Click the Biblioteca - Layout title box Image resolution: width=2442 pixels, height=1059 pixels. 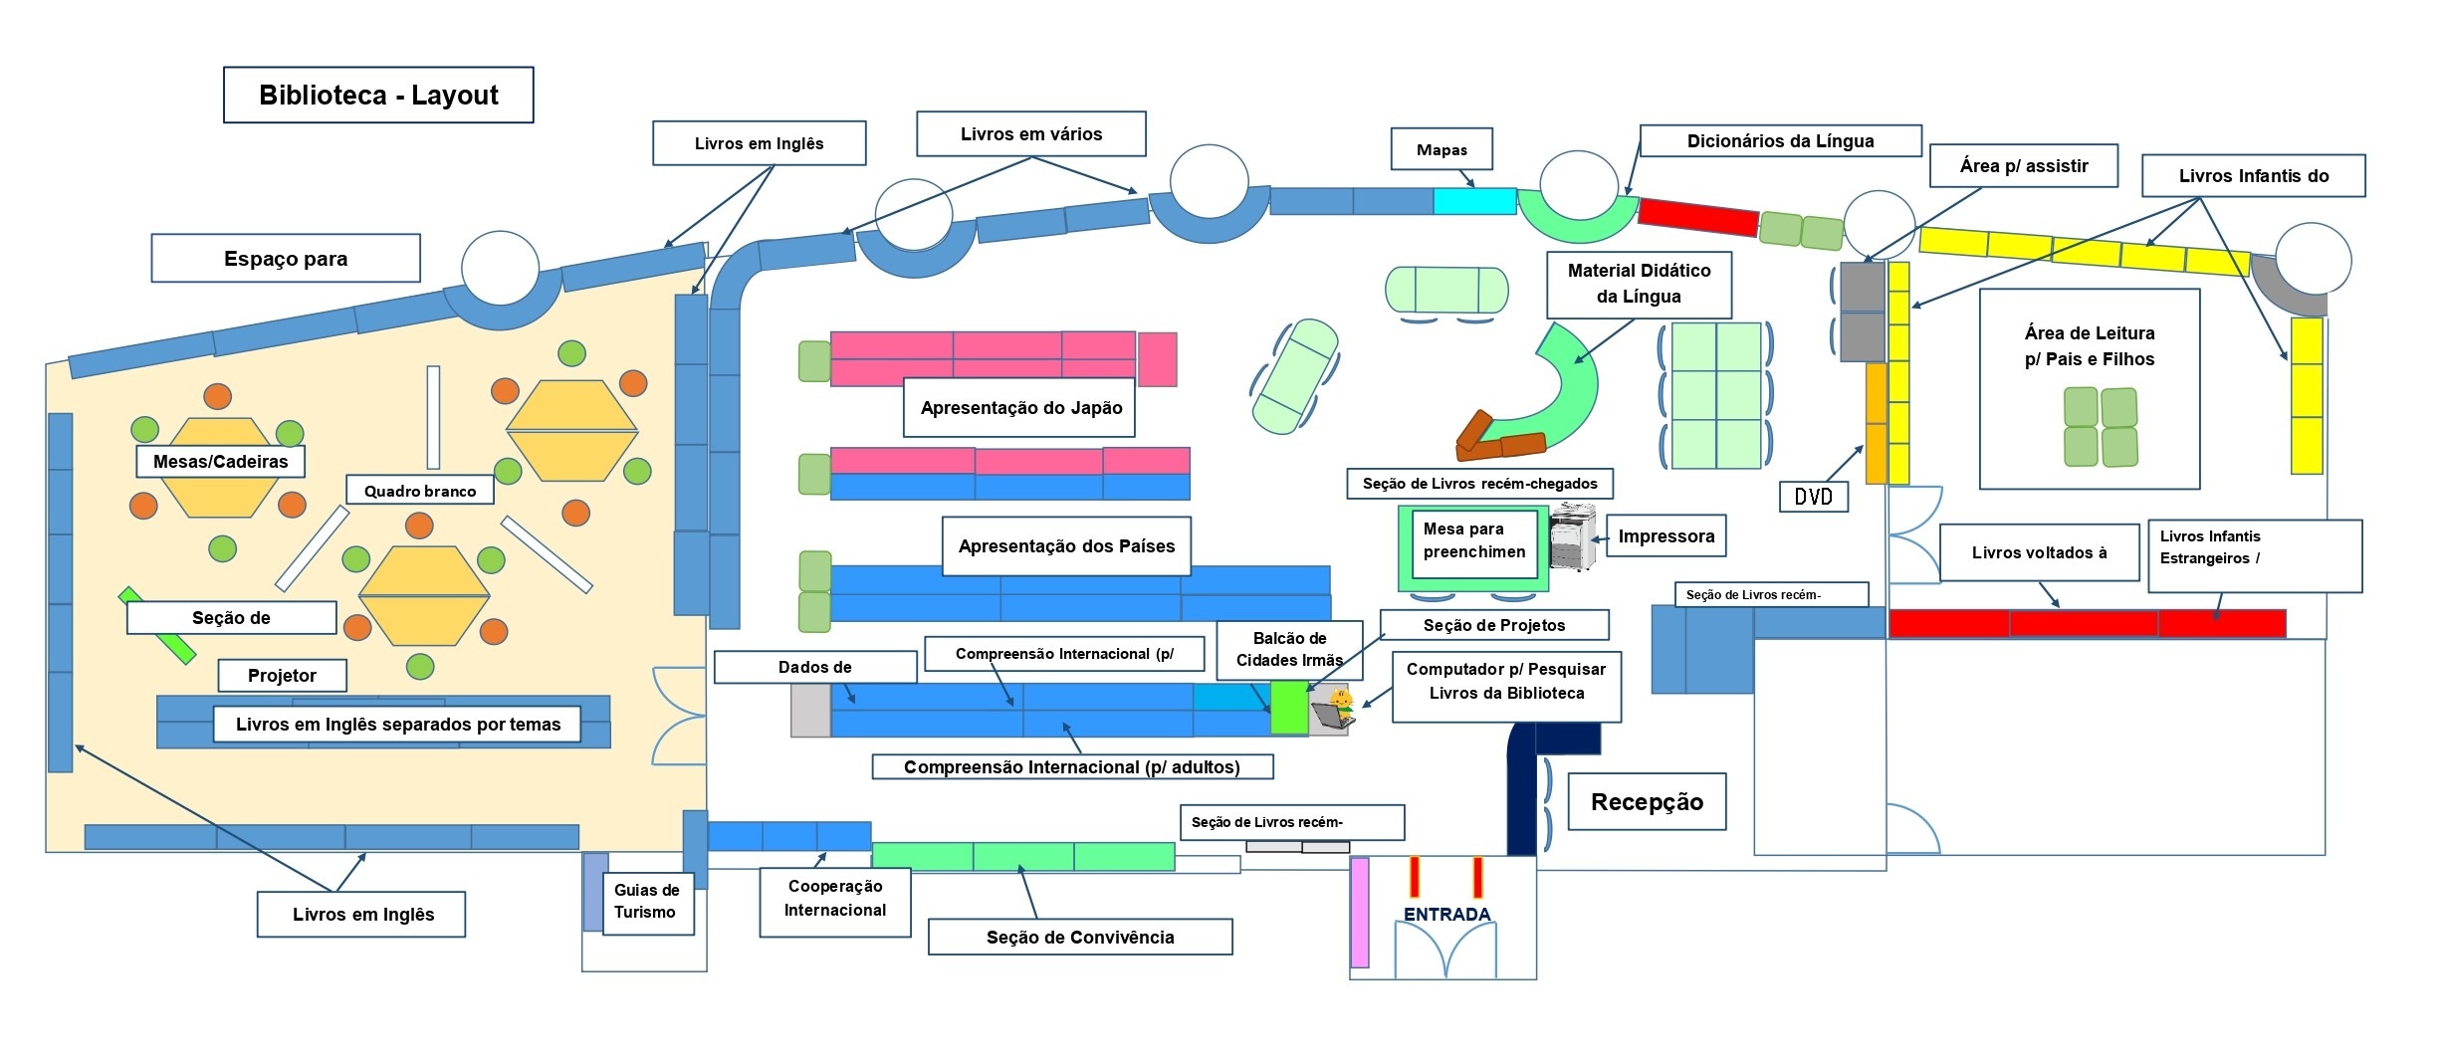click(378, 96)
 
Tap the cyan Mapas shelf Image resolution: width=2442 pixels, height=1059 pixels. click(1474, 201)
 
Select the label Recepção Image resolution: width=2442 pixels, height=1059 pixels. click(1647, 802)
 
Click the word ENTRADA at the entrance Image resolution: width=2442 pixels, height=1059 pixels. click(1446, 914)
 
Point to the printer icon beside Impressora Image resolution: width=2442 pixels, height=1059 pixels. click(1572, 537)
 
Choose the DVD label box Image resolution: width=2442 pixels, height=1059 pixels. click(1813, 497)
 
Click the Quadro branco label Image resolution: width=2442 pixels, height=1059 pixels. click(419, 491)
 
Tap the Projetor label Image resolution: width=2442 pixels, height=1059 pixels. click(282, 676)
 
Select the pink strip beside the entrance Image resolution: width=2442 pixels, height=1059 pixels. click(1359, 912)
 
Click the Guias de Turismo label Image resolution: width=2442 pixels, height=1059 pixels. click(647, 902)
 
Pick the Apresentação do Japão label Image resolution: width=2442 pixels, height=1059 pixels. click(1020, 408)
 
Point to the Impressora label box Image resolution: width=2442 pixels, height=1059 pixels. click(1665, 536)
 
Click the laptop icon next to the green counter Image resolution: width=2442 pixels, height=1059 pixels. click(1332, 710)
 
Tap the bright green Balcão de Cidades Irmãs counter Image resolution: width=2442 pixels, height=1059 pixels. click(1289, 707)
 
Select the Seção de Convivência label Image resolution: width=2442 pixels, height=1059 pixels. click(1080, 938)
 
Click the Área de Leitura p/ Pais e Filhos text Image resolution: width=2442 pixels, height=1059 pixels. click(2089, 345)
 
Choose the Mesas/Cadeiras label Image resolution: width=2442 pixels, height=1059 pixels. click(220, 462)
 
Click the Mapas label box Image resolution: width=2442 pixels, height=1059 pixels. click(1442, 150)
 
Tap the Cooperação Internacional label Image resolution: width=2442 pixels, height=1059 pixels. click(835, 899)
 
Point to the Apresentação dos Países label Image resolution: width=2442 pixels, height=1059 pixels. click(1066, 546)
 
